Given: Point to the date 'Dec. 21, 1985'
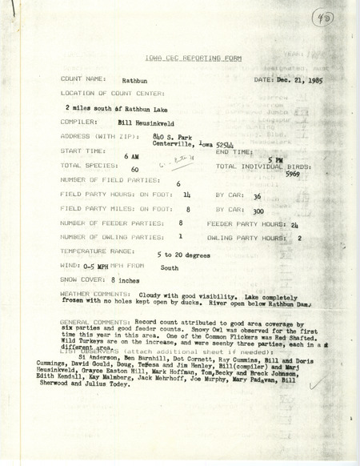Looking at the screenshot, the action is (x=305, y=80).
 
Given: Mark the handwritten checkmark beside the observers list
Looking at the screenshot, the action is (x=318, y=385).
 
